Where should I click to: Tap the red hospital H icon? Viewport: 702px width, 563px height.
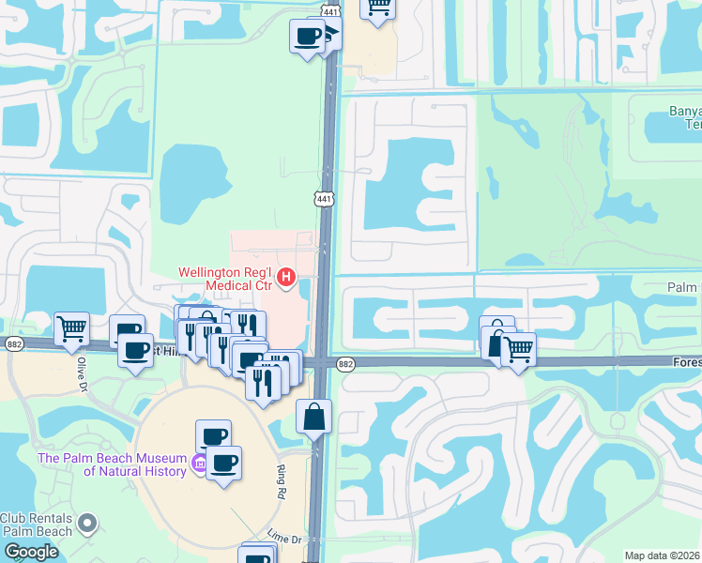pyautogui.click(x=288, y=279)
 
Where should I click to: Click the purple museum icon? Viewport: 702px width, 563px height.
pyautogui.click(x=198, y=464)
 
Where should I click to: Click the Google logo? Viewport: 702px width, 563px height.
pyautogui.click(x=31, y=552)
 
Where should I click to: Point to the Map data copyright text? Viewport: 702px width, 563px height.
pyautogui.click(x=662, y=555)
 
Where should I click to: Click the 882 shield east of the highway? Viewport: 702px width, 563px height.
pyautogui.click(x=345, y=364)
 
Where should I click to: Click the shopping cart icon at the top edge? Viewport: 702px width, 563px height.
pyautogui.click(x=378, y=6)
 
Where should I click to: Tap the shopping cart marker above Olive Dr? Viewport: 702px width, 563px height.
pyautogui.click(x=71, y=328)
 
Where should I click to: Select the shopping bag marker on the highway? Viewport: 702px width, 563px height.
pyautogui.click(x=313, y=415)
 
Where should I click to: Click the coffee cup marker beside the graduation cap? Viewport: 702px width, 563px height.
pyautogui.click(x=306, y=37)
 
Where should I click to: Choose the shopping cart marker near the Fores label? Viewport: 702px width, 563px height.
pyautogui.click(x=518, y=349)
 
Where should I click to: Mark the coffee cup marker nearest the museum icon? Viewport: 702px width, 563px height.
pyautogui.click(x=223, y=463)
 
